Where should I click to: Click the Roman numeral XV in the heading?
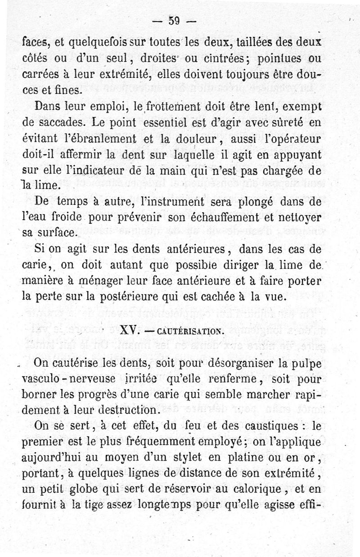(x=129, y=331)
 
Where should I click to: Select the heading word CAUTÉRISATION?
(x=191, y=332)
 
